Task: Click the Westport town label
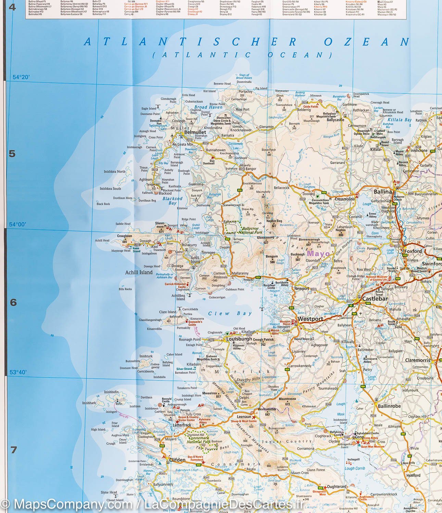coord(310,319)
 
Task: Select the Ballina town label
coord(382,192)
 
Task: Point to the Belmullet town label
coord(195,132)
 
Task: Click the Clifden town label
coord(177,460)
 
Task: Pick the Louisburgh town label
coord(239,339)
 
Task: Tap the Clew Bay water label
coord(230,313)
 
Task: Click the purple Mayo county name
coord(318,254)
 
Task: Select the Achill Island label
coord(139,272)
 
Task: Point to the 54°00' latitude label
coord(17,224)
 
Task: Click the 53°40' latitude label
coord(17,372)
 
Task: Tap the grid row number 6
coord(13,302)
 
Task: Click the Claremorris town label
coord(417,360)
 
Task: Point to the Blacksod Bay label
coord(173,200)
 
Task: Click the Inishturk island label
coord(146,356)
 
